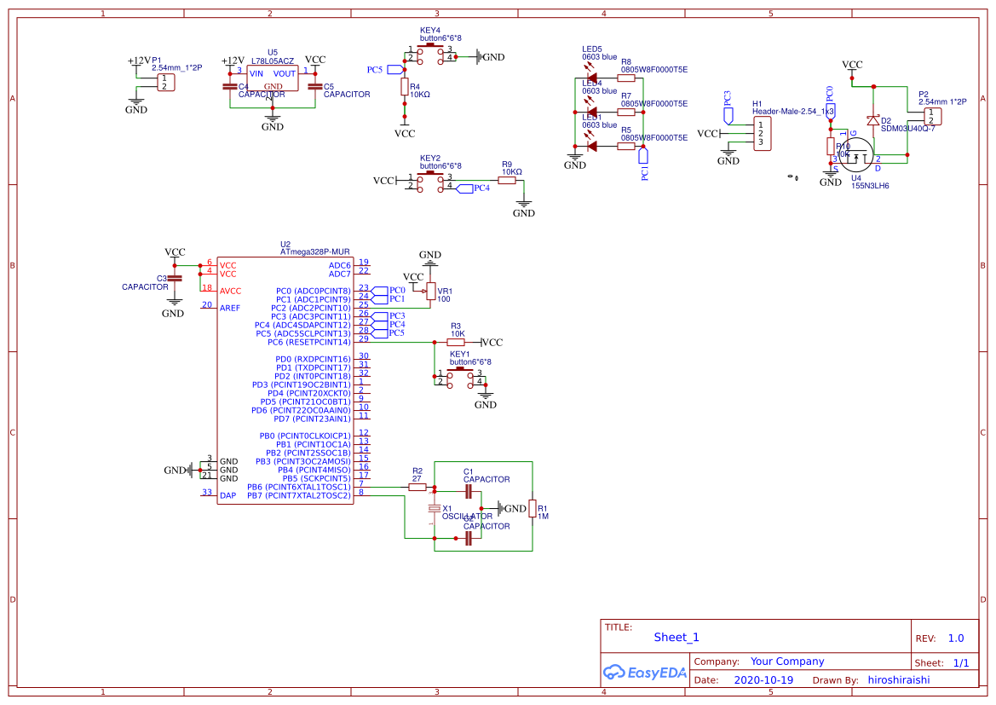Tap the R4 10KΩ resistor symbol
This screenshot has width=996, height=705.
[x=404, y=86]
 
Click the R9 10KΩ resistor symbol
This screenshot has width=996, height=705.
[x=510, y=180]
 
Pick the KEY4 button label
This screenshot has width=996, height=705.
[x=430, y=30]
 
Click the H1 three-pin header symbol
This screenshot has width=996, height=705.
[x=762, y=133]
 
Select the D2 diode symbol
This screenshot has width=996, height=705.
[x=872, y=121]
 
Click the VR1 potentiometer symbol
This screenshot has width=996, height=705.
[x=430, y=292]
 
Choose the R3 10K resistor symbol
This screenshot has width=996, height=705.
[x=457, y=342]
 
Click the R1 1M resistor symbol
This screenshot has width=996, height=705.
[x=533, y=509]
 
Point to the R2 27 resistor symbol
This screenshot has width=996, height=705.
[x=417, y=487]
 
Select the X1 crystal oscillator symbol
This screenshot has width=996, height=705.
[x=435, y=509]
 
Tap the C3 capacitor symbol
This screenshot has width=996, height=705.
[x=175, y=278]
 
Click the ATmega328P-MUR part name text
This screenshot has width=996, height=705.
[x=314, y=252]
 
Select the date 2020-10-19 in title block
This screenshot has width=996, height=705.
[x=763, y=680]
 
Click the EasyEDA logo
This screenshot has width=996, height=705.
[x=644, y=673]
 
